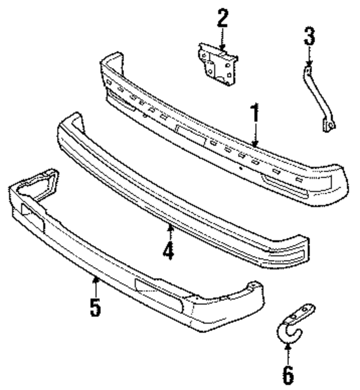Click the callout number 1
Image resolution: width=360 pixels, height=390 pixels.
point(255,113)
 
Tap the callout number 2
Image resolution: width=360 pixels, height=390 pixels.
point(222,19)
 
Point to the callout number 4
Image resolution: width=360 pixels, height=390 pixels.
point(168,250)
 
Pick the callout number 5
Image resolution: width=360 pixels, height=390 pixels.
point(95,308)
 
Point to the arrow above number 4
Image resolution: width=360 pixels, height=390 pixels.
point(170,232)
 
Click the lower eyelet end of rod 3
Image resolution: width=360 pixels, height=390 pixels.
point(329,126)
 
